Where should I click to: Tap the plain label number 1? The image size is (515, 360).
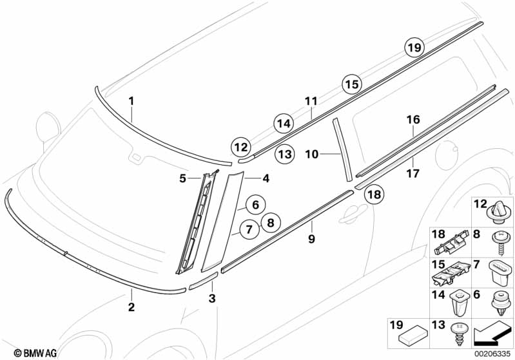pyautogui.click(x=131, y=101)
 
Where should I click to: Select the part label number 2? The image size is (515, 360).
pyautogui.click(x=131, y=307)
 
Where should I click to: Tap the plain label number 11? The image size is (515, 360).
pyautogui.click(x=311, y=101)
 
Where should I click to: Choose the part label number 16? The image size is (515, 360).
pyautogui.click(x=413, y=120)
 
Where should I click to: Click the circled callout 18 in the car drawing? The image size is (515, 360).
pyautogui.click(x=374, y=194)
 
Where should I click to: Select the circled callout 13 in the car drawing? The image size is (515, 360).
pyautogui.click(x=284, y=154)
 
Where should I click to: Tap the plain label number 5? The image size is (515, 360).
pyautogui.click(x=183, y=177)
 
